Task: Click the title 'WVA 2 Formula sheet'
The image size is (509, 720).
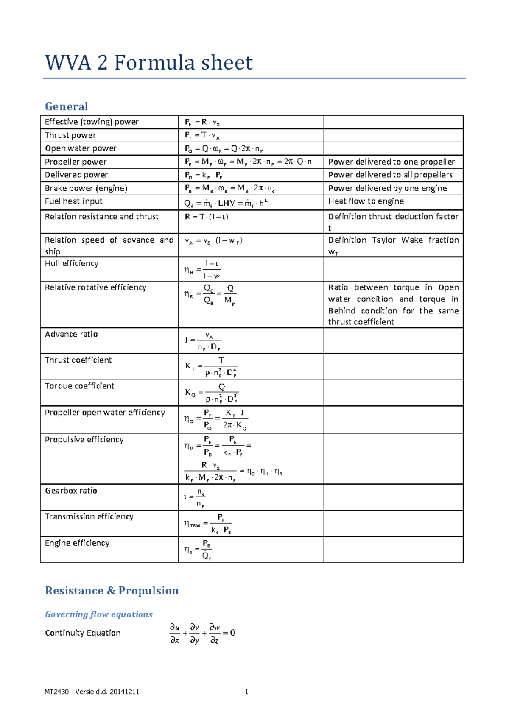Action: (x=149, y=63)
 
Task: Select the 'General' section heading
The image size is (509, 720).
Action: (x=66, y=106)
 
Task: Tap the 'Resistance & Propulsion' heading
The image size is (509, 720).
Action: (x=112, y=590)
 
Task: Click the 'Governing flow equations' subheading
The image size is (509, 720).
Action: (x=98, y=614)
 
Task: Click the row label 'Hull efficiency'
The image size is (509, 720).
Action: (x=71, y=263)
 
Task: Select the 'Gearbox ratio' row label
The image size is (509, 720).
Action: (x=71, y=491)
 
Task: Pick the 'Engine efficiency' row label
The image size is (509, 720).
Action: (x=77, y=543)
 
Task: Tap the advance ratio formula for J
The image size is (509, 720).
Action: (x=203, y=341)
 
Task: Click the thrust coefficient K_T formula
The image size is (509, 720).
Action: (x=211, y=366)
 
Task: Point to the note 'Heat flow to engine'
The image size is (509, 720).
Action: (x=366, y=201)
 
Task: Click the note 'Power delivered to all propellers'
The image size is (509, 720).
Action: (x=390, y=175)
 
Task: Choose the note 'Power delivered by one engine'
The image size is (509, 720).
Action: (x=387, y=188)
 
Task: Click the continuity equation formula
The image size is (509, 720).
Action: (x=202, y=633)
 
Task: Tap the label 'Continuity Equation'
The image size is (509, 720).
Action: (x=83, y=633)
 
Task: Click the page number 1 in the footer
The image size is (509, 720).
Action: (x=246, y=692)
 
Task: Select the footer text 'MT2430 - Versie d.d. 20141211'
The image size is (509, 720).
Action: (x=92, y=692)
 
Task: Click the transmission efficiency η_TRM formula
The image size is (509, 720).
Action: (x=208, y=523)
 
